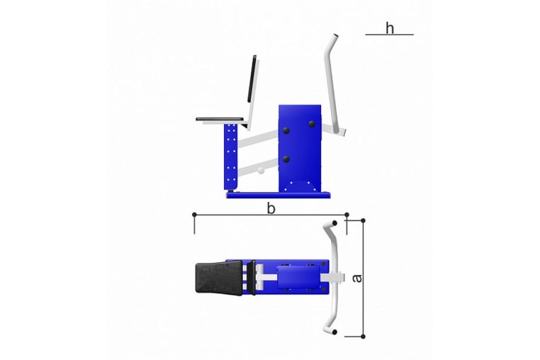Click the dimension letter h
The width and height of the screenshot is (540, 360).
(390, 28)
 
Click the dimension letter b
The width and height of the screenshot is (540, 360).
(271, 208)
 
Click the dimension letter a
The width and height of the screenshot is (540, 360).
(357, 278)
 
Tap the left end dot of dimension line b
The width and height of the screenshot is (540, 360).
(194, 215)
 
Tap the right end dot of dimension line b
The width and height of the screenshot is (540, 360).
(347, 215)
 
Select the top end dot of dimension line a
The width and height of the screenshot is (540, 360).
(363, 220)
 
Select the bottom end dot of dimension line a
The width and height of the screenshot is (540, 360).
(363, 336)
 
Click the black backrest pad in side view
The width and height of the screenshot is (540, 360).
(252, 79)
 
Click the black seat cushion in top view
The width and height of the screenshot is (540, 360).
(219, 278)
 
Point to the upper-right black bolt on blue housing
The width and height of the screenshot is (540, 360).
(312, 124)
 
